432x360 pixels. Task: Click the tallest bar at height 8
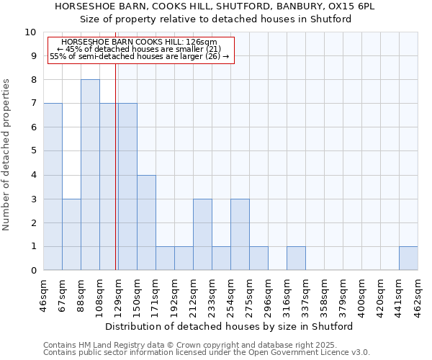pos(90,175)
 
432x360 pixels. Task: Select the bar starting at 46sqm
pos(53,186)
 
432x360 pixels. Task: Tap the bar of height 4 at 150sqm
pos(146,222)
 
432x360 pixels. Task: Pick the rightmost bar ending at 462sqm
pos(408,258)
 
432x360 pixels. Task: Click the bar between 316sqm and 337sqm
pos(296,258)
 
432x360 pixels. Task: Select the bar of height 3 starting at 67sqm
pos(71,235)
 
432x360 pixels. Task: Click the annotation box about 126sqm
pos(140,50)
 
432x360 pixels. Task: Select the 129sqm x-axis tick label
pos(118,293)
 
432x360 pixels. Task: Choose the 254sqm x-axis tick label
pos(230,293)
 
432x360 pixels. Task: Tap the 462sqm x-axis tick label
pos(418,293)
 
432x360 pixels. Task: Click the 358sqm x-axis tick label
pos(324,293)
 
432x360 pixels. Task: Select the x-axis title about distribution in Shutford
pos(229,326)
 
